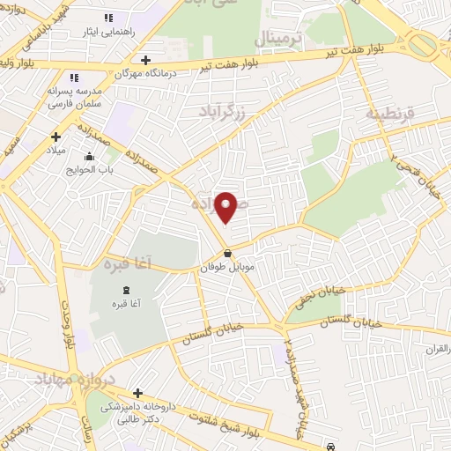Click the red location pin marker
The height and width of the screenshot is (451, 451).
point(227,207)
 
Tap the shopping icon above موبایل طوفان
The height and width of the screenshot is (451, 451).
point(227,253)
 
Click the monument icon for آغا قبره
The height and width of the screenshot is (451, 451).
point(126,290)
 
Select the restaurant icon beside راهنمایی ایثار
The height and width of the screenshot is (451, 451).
point(108,18)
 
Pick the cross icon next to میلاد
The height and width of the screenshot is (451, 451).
point(55,137)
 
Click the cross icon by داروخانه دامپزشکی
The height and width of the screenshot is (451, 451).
point(137,393)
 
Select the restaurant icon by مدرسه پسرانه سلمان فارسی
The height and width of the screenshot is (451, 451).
point(75,78)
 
